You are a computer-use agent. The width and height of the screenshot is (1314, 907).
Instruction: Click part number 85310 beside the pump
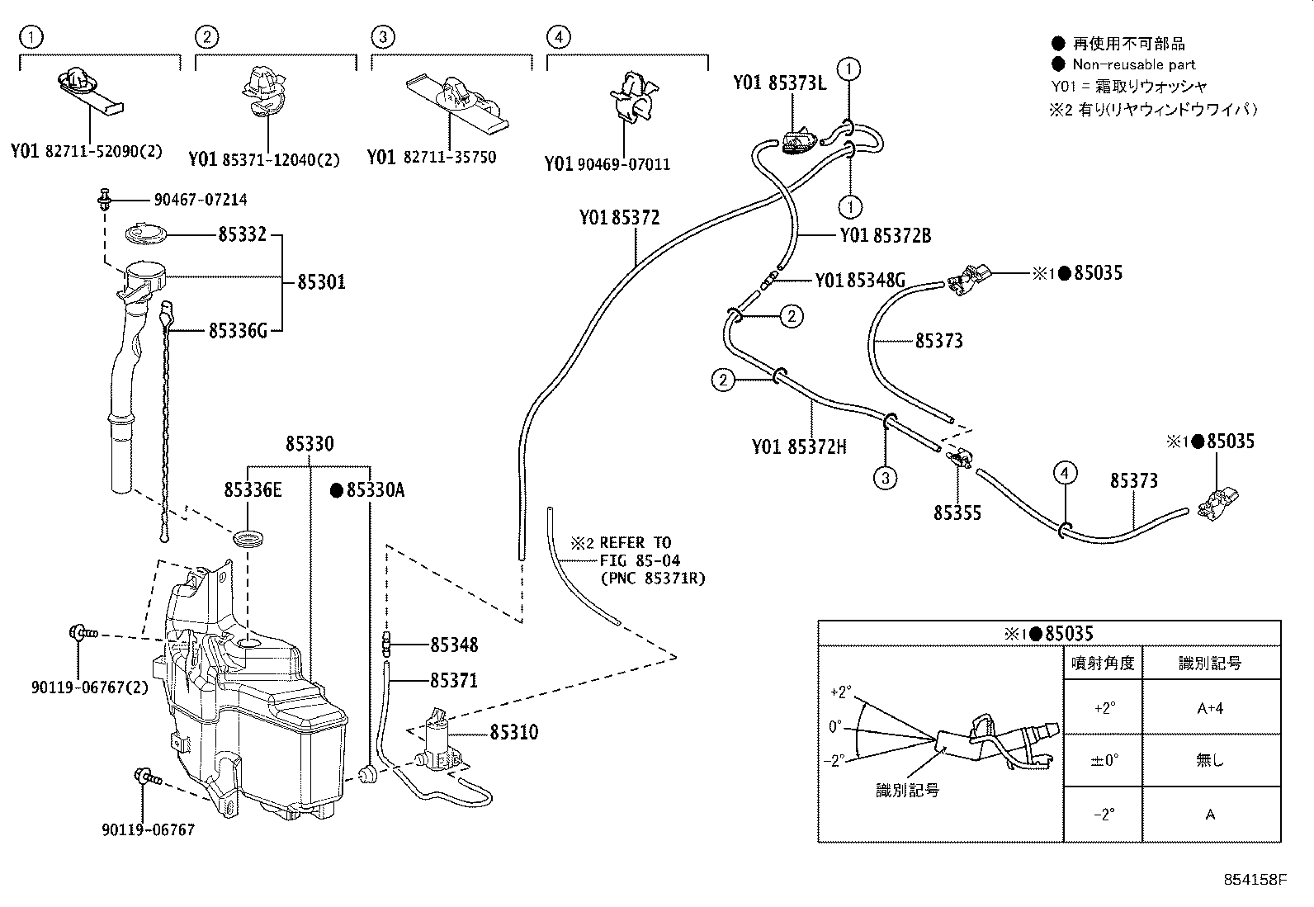pyautogui.click(x=513, y=732)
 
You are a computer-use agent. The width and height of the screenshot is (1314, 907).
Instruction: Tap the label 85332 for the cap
pyautogui.click(x=242, y=234)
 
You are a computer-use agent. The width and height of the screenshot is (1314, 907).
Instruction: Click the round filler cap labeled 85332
pyautogui.click(x=148, y=234)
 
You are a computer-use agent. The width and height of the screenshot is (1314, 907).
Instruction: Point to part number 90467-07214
pyautogui.click(x=200, y=200)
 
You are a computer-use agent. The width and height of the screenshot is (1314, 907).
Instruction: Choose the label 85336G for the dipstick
pyautogui.click(x=238, y=331)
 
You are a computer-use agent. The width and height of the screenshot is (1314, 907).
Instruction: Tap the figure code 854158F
pyautogui.click(x=1255, y=880)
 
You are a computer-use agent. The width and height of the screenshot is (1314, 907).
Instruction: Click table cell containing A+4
pyautogui.click(x=1209, y=708)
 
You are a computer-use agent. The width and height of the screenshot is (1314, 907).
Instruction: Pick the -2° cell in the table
pyautogui.click(x=1104, y=814)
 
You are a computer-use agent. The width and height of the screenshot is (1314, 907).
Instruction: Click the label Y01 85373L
pyautogui.click(x=778, y=83)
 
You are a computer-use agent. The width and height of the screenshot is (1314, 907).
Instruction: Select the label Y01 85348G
pyautogui.click(x=859, y=281)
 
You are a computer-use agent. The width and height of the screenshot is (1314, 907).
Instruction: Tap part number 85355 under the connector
pyautogui.click(x=957, y=513)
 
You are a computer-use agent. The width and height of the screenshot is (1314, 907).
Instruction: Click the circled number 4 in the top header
pyautogui.click(x=559, y=36)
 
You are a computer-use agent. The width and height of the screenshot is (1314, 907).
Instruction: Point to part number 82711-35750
pyautogui.click(x=449, y=157)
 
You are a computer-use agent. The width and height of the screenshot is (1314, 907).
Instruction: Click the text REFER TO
pyautogui.click(x=636, y=542)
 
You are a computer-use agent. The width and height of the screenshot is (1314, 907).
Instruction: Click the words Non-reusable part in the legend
pyautogui.click(x=1133, y=64)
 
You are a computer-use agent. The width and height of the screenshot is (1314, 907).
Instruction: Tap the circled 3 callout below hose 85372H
pyautogui.click(x=885, y=477)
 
